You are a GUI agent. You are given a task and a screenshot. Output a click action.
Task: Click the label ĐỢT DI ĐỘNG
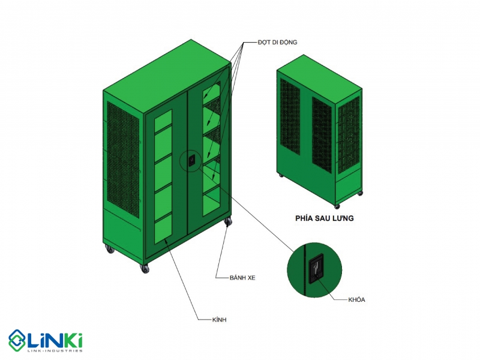click(277, 42)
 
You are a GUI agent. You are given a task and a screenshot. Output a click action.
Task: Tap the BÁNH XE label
click(242, 278)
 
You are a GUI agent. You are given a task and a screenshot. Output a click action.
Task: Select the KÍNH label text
click(219, 320)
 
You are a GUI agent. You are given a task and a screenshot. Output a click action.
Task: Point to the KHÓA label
click(356, 299)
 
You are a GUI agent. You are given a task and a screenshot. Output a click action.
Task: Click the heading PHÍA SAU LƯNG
click(325, 218)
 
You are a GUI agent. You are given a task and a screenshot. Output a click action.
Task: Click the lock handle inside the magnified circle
click(316, 269)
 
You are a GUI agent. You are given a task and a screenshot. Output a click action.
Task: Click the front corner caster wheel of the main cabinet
click(145, 268)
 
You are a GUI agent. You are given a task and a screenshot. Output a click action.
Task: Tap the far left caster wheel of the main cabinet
click(109, 249)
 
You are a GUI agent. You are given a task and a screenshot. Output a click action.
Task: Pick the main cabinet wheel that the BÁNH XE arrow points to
click(228, 222)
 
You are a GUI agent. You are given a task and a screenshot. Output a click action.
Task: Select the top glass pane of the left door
click(163, 117)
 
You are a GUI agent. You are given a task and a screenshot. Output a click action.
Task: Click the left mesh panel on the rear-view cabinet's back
click(290, 116)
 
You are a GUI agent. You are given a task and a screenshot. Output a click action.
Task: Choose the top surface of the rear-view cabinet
click(320, 80)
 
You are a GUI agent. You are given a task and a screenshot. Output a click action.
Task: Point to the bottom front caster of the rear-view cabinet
click(337, 206)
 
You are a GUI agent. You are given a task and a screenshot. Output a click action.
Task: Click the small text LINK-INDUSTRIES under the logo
click(55, 350)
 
